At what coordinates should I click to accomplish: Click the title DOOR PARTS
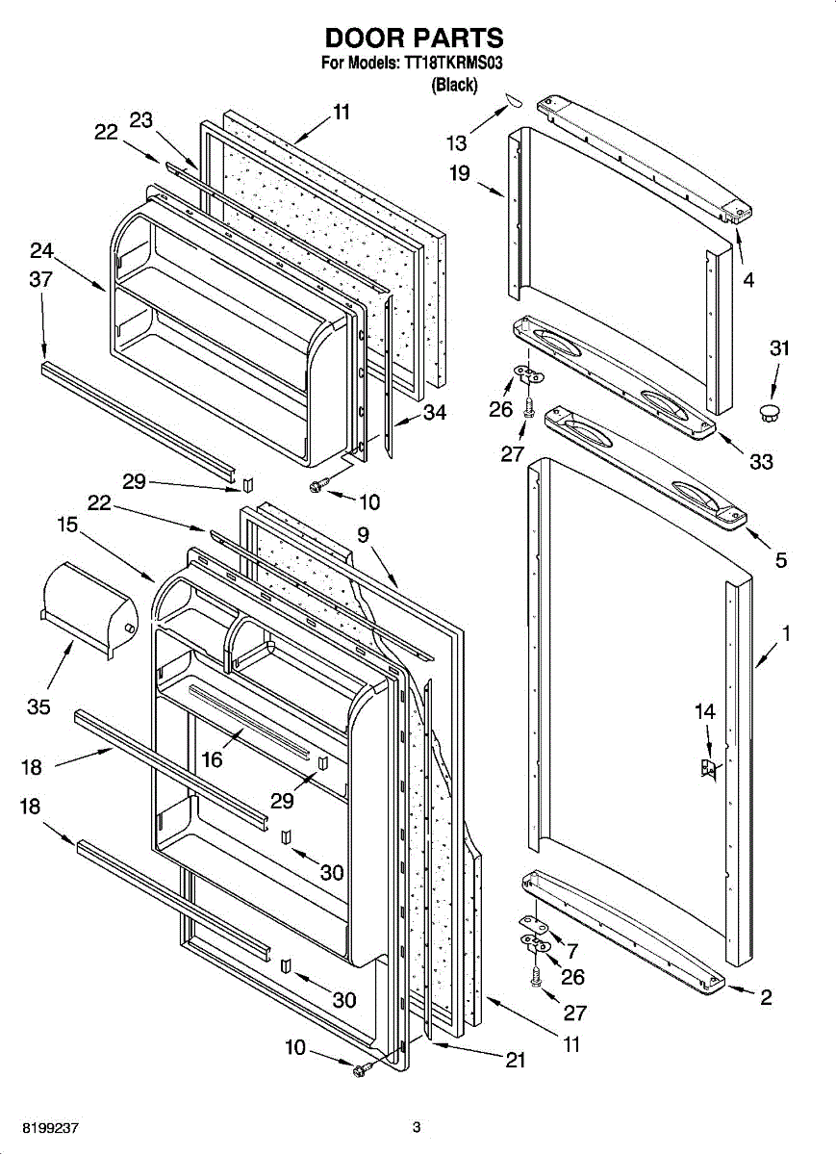[x=414, y=38]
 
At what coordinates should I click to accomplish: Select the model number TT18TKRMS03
[x=452, y=64]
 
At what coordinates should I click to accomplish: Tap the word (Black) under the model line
[x=454, y=85]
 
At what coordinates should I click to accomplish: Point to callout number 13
[x=456, y=143]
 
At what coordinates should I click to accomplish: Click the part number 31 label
[x=779, y=348]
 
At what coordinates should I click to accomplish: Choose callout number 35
[x=38, y=707]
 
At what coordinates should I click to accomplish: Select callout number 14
[x=705, y=712]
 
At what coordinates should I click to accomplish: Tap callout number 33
[x=761, y=462]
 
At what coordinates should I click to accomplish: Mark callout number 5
[x=781, y=559]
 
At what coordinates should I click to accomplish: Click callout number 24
[x=41, y=251]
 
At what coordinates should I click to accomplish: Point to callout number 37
[x=41, y=280]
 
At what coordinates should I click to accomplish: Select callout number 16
[x=212, y=759]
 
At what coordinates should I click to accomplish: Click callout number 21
[x=516, y=1060]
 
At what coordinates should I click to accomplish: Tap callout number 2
[x=766, y=998]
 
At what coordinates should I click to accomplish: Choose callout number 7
[x=572, y=951]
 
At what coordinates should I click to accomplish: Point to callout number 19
[x=460, y=174]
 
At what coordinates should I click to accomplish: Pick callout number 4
[x=748, y=281]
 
